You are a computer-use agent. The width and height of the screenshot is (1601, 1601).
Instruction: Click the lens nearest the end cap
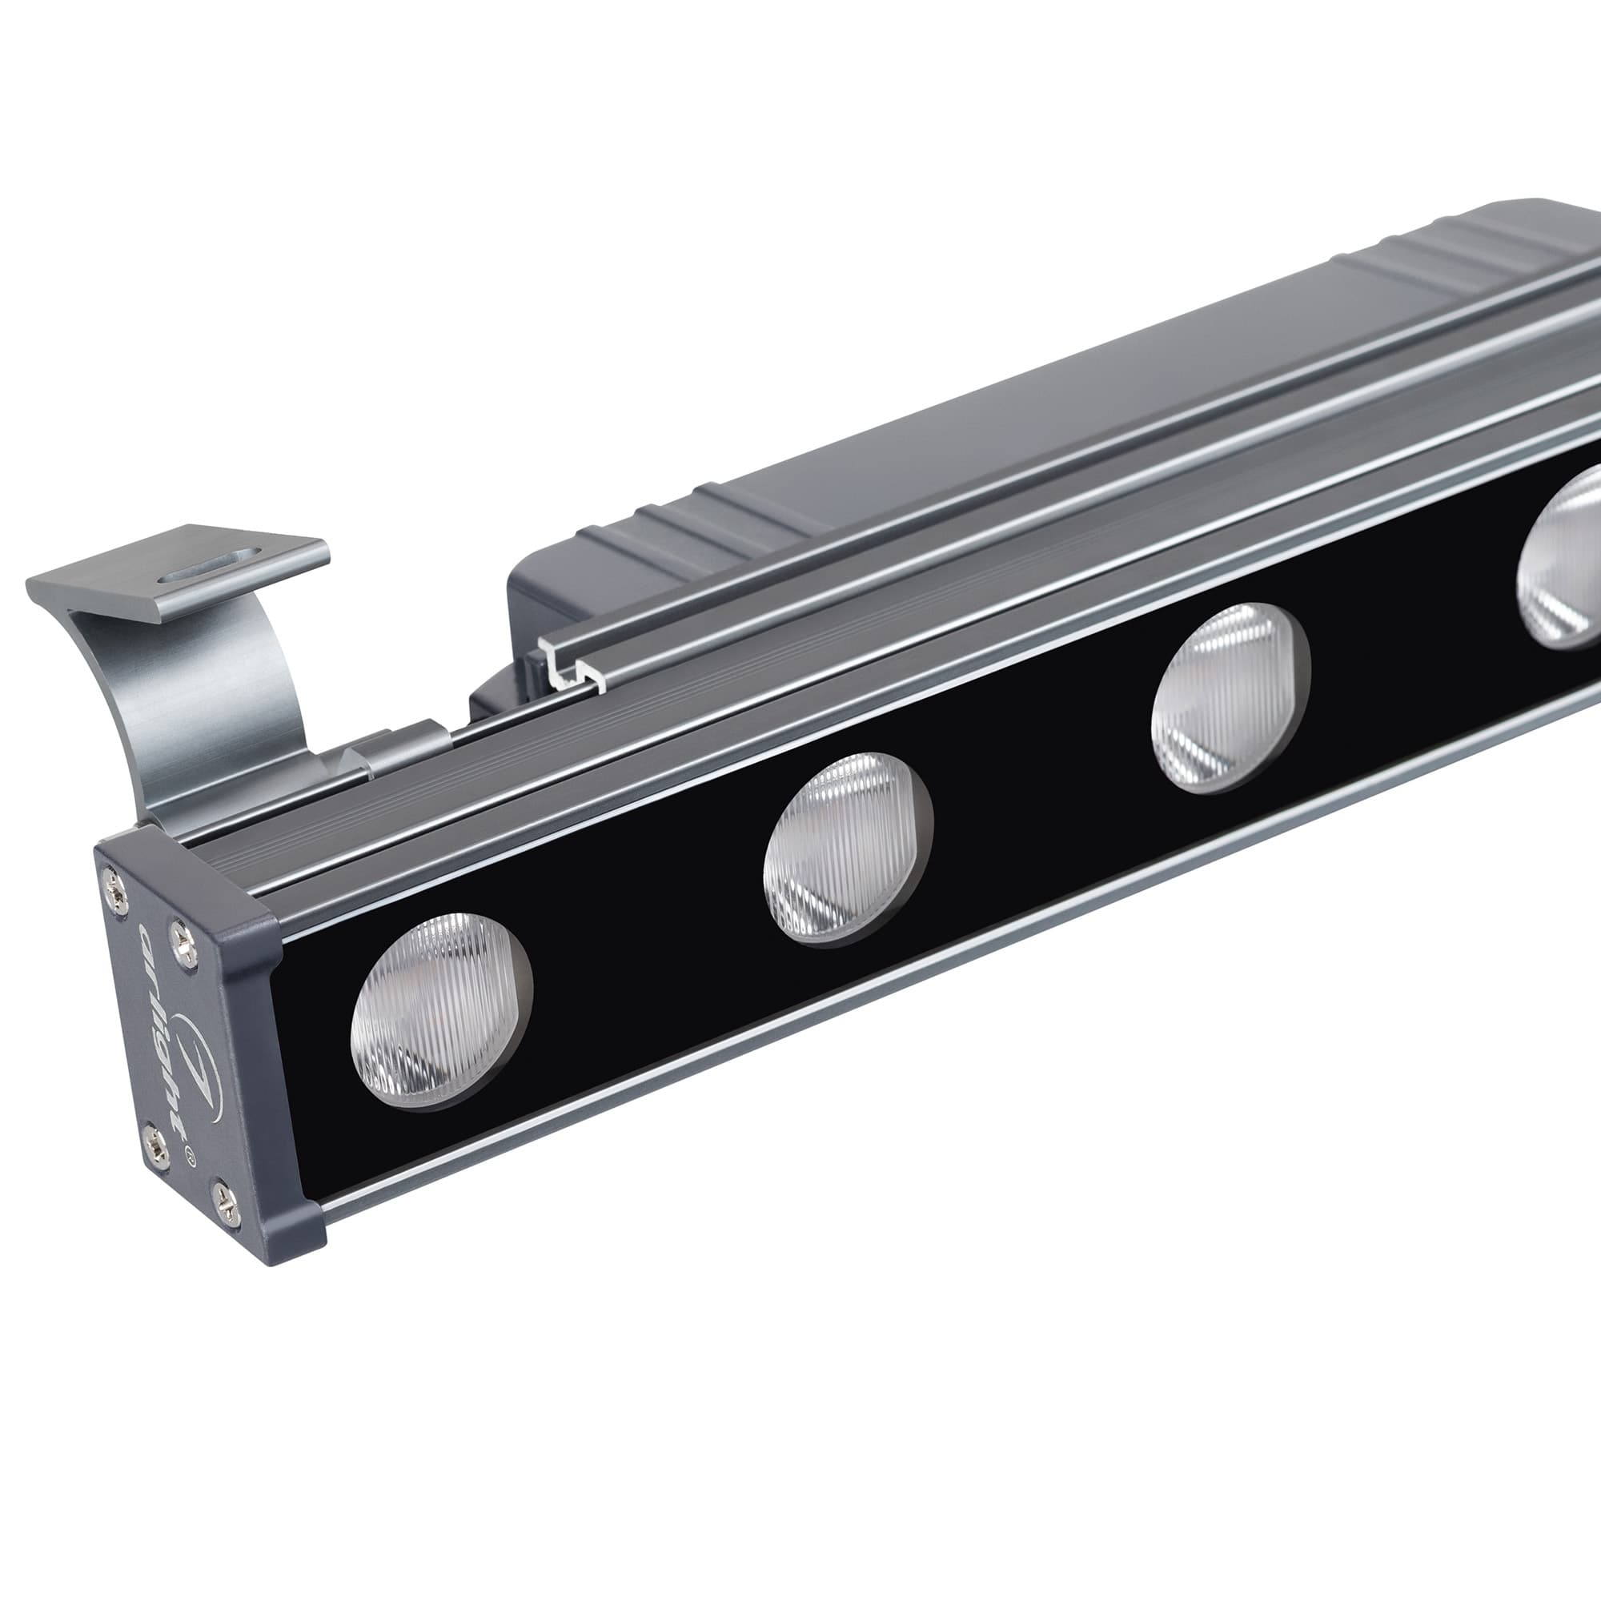441,1010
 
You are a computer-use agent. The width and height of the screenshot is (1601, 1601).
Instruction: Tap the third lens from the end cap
1230,699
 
